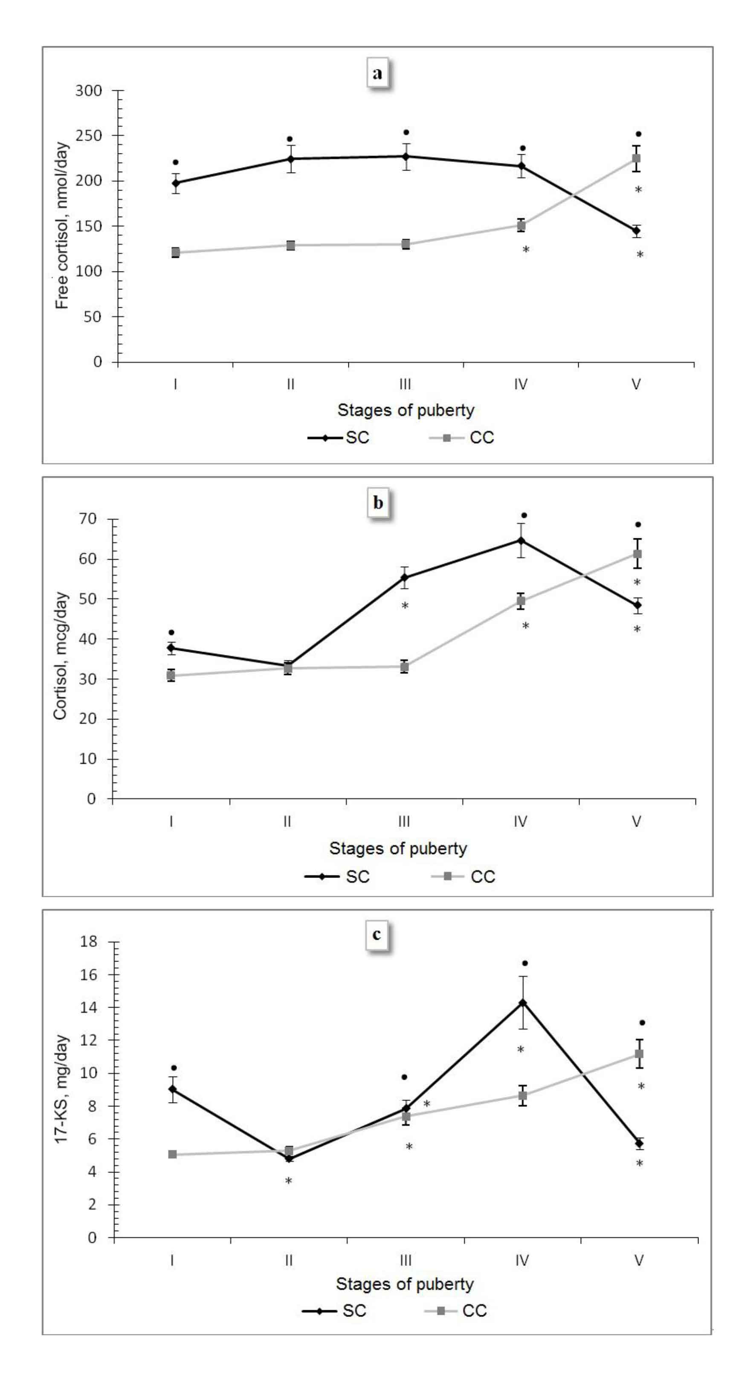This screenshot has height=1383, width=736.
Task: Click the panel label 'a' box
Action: pos(378,72)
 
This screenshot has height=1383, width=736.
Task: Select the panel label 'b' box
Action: pos(378,502)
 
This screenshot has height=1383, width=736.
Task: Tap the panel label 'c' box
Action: pos(377,934)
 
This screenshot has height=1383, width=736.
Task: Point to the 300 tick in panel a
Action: pos(89,91)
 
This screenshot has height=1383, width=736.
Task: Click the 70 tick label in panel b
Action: pos(87,519)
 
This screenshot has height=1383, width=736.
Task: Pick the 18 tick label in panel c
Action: pos(89,942)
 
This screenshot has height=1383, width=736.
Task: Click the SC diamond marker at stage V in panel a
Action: pos(637,231)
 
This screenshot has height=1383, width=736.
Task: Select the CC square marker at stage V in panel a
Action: pos(637,159)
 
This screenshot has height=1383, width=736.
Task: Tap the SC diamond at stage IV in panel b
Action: pos(521,540)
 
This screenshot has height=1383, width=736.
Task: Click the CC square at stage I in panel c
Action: pos(172,1154)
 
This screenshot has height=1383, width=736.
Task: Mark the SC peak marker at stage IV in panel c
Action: pos(522,1003)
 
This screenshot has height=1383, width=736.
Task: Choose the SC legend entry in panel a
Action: pos(339,438)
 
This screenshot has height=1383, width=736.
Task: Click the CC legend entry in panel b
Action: pos(464,877)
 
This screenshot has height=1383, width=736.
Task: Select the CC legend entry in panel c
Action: pos(456,1311)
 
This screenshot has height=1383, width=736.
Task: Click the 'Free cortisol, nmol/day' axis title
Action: pos(62,225)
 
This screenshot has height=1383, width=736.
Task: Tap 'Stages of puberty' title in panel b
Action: pos(398,848)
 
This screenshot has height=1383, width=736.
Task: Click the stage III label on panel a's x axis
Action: pos(405,384)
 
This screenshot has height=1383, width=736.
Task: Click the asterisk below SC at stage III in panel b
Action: pos(405,606)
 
